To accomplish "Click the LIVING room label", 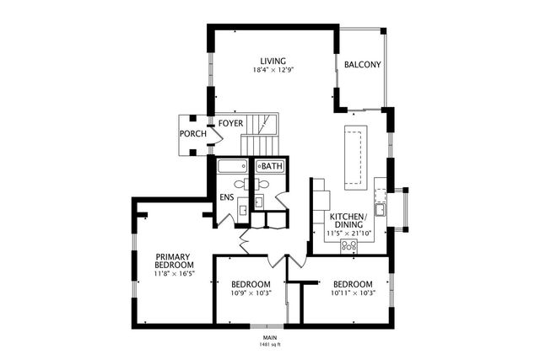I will pos(273,61).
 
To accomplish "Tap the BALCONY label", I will pos(363,65).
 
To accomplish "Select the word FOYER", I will pos(230,124).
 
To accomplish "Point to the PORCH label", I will pos(192,134).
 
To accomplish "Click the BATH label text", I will pos(272,166).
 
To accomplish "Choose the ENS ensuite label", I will pos(227,197).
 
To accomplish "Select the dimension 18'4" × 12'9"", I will pos(273,71).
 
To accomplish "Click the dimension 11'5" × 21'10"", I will pos(348,233).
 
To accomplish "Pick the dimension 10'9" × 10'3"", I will pos(251,294).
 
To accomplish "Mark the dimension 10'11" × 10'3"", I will pos(353,294).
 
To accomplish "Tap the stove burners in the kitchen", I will pos(348,245).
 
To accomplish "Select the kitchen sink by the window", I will pos(381,208).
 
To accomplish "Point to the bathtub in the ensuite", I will pos(231,166).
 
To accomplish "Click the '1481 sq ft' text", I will pos(269,345).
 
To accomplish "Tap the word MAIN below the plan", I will pos(269,337).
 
